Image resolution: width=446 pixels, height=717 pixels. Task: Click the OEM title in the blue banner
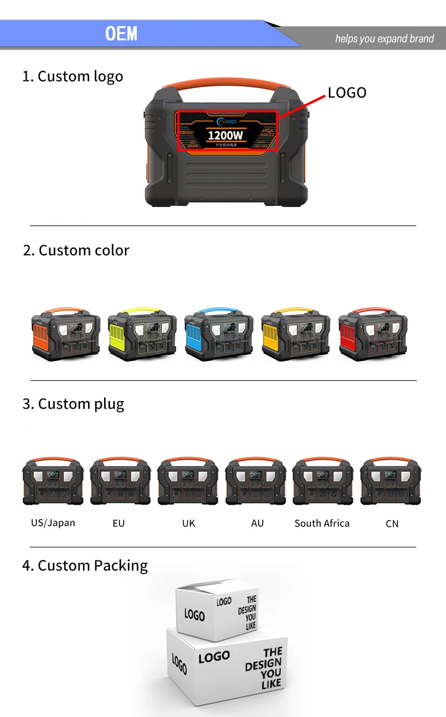coord(121,33)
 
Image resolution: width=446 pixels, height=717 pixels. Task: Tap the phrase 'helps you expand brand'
coord(384,39)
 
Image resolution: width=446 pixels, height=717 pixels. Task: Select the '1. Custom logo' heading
coord(73,76)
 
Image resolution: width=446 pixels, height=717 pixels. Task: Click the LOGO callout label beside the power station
coord(347,92)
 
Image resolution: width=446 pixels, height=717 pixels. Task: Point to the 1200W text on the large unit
coord(225,135)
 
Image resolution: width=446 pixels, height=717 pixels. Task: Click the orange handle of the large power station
coord(227,82)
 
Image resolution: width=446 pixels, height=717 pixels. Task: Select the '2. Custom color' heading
coord(76,250)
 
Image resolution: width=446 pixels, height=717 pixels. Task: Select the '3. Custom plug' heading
coord(73,404)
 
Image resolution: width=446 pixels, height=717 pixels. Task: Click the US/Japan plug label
coord(53,523)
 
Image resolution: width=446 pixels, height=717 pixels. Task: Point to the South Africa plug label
coord(322,524)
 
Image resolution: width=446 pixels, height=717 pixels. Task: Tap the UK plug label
coord(189,524)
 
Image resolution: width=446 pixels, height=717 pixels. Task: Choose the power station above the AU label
coord(255,482)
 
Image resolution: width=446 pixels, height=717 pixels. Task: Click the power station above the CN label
coord(391,482)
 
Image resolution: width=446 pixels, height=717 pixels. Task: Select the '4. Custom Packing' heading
coord(84,565)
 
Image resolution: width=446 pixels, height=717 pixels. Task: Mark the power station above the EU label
coord(120,482)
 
